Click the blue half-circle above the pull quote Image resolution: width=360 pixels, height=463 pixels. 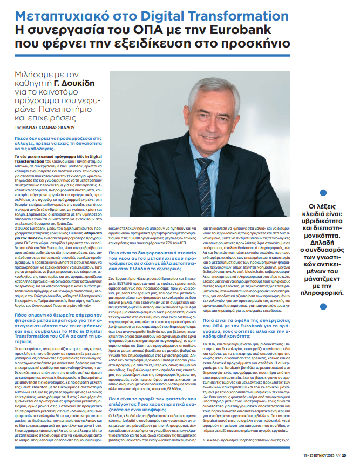coord(353,192)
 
